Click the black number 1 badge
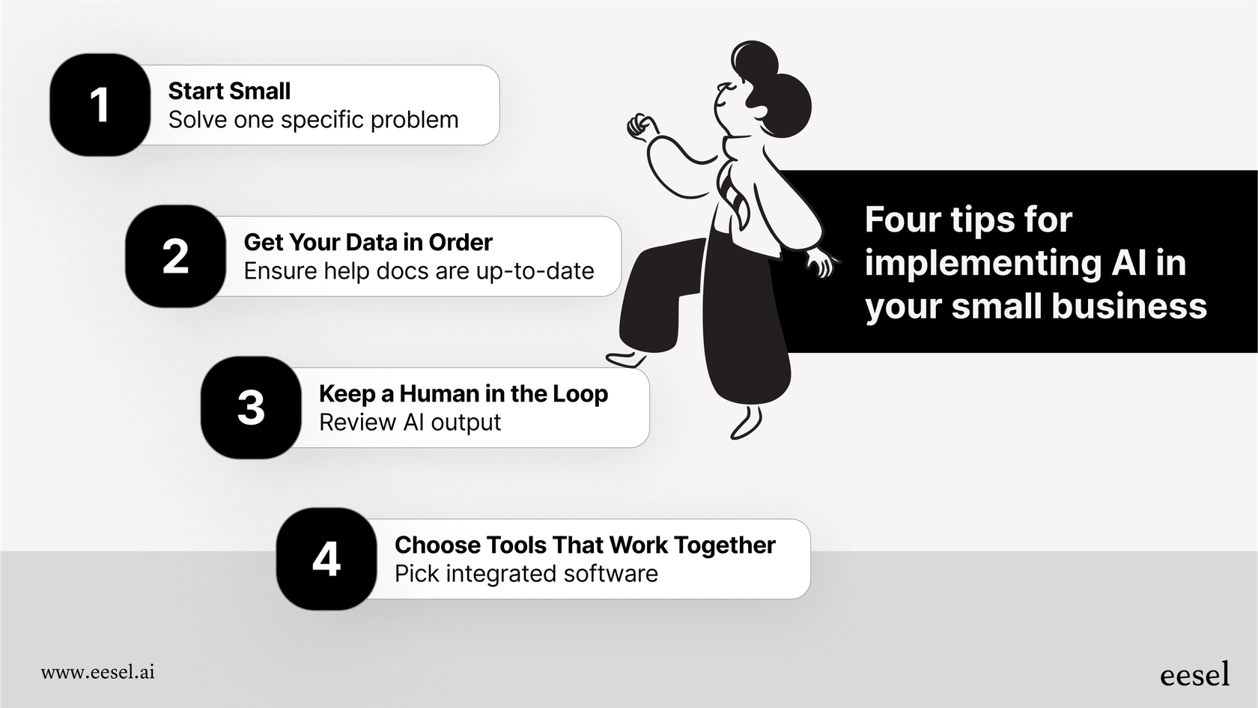100,105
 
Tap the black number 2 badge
175,256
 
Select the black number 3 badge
251,408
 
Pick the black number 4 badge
326,559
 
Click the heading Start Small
229,91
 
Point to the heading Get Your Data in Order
368,242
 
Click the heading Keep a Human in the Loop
464,394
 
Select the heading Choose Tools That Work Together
586,545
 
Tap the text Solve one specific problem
313,120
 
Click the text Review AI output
410,423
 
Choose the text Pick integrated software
526,574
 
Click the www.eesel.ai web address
97,673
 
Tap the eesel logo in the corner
1194,674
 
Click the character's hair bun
753,60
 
